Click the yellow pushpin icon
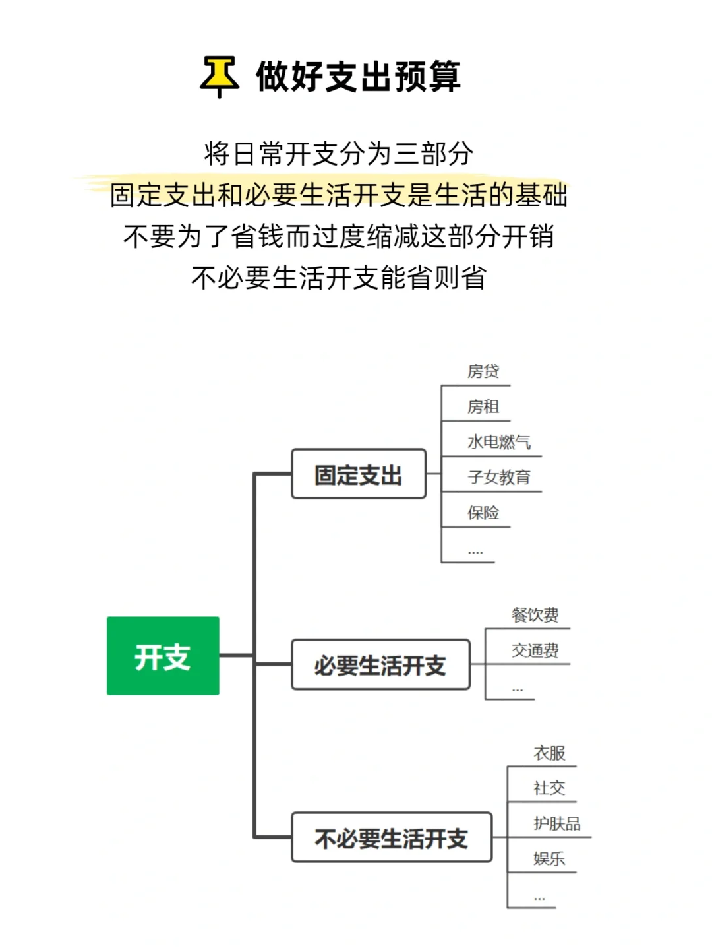click(220, 77)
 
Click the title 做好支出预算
click(358, 77)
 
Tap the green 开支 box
click(163, 656)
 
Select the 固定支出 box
click(359, 474)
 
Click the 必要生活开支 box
click(380, 665)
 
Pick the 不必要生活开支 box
click(392, 838)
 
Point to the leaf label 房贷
click(483, 371)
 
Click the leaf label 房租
click(483, 407)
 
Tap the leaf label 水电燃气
click(499, 442)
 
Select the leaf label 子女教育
click(499, 477)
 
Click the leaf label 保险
click(483, 513)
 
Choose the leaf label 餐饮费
click(535, 616)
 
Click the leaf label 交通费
click(535, 650)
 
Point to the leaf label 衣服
click(549, 753)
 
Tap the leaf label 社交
click(549, 788)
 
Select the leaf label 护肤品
click(557, 823)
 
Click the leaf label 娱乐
click(549, 858)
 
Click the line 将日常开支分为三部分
click(339, 154)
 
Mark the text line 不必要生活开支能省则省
click(339, 278)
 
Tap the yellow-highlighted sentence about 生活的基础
click(339, 195)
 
